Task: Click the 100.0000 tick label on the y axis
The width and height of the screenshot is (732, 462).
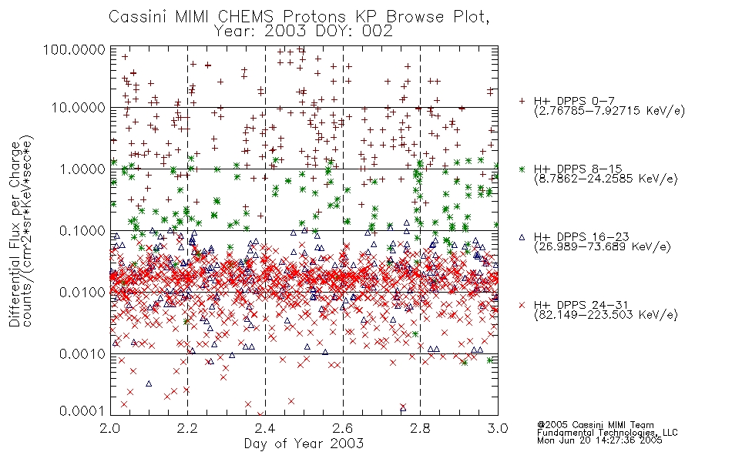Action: click(74, 49)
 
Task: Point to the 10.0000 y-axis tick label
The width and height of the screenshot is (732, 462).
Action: click(79, 108)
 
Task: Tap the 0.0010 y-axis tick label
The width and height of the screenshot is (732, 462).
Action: click(82, 354)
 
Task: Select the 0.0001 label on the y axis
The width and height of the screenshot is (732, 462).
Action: click(82, 410)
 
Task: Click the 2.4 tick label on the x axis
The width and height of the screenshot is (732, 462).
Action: click(266, 428)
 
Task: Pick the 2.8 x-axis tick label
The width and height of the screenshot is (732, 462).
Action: click(420, 428)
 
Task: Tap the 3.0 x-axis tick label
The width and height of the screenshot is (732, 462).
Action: click(498, 428)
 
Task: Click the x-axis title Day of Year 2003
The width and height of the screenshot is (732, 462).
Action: click(304, 444)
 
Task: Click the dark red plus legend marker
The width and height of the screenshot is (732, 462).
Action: click(522, 101)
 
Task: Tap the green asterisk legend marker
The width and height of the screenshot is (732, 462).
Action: click(522, 169)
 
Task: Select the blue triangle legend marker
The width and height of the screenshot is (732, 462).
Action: click(522, 237)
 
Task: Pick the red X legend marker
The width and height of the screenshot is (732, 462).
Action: click(522, 305)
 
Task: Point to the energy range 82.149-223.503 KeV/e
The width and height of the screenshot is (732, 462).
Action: click(606, 314)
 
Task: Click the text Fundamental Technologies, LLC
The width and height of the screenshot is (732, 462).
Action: click(607, 433)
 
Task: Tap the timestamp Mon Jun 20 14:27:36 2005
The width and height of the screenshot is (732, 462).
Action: click(599, 440)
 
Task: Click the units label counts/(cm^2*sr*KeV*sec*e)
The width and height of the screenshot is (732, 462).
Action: click(28, 231)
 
